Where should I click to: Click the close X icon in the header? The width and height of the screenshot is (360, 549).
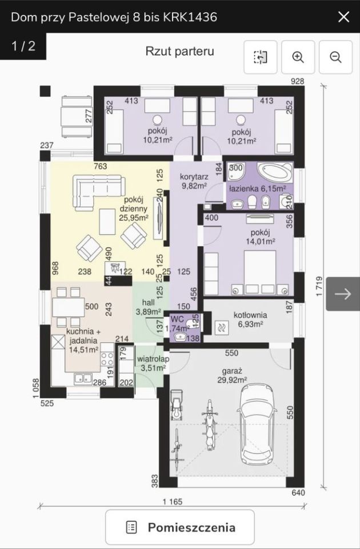343,17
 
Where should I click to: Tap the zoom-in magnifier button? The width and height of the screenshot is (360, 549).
298,57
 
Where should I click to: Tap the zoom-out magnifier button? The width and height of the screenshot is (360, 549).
335,57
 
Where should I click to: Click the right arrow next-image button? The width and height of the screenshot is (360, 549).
343,294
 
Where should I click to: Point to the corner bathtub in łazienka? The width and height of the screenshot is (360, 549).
275,172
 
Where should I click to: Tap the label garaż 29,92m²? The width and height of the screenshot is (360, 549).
233,375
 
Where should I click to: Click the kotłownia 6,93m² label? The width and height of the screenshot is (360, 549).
250,320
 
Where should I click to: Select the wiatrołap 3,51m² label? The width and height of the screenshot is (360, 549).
153,364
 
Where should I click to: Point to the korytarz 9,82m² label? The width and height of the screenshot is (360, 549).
194,181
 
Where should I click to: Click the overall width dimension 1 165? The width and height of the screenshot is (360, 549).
173,502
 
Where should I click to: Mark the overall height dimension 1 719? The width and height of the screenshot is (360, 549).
319,287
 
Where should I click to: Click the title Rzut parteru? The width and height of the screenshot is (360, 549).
180,51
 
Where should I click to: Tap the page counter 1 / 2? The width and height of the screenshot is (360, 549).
23,46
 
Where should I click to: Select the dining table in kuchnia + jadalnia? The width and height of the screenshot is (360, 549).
68,308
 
